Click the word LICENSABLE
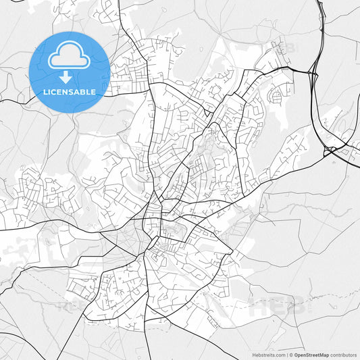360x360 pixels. pos(70,91)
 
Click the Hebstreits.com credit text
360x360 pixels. pos(268,354)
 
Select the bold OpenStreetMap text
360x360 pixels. pos(311,354)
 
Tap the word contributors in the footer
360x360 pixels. pos(343,354)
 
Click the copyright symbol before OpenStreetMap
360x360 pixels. pos(290,354)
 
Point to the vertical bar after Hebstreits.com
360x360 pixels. pos(286,354)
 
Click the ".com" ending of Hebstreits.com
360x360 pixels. pos(280,354)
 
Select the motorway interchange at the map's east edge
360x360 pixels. pos(333,150)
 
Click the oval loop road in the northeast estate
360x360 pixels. pos(276,97)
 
